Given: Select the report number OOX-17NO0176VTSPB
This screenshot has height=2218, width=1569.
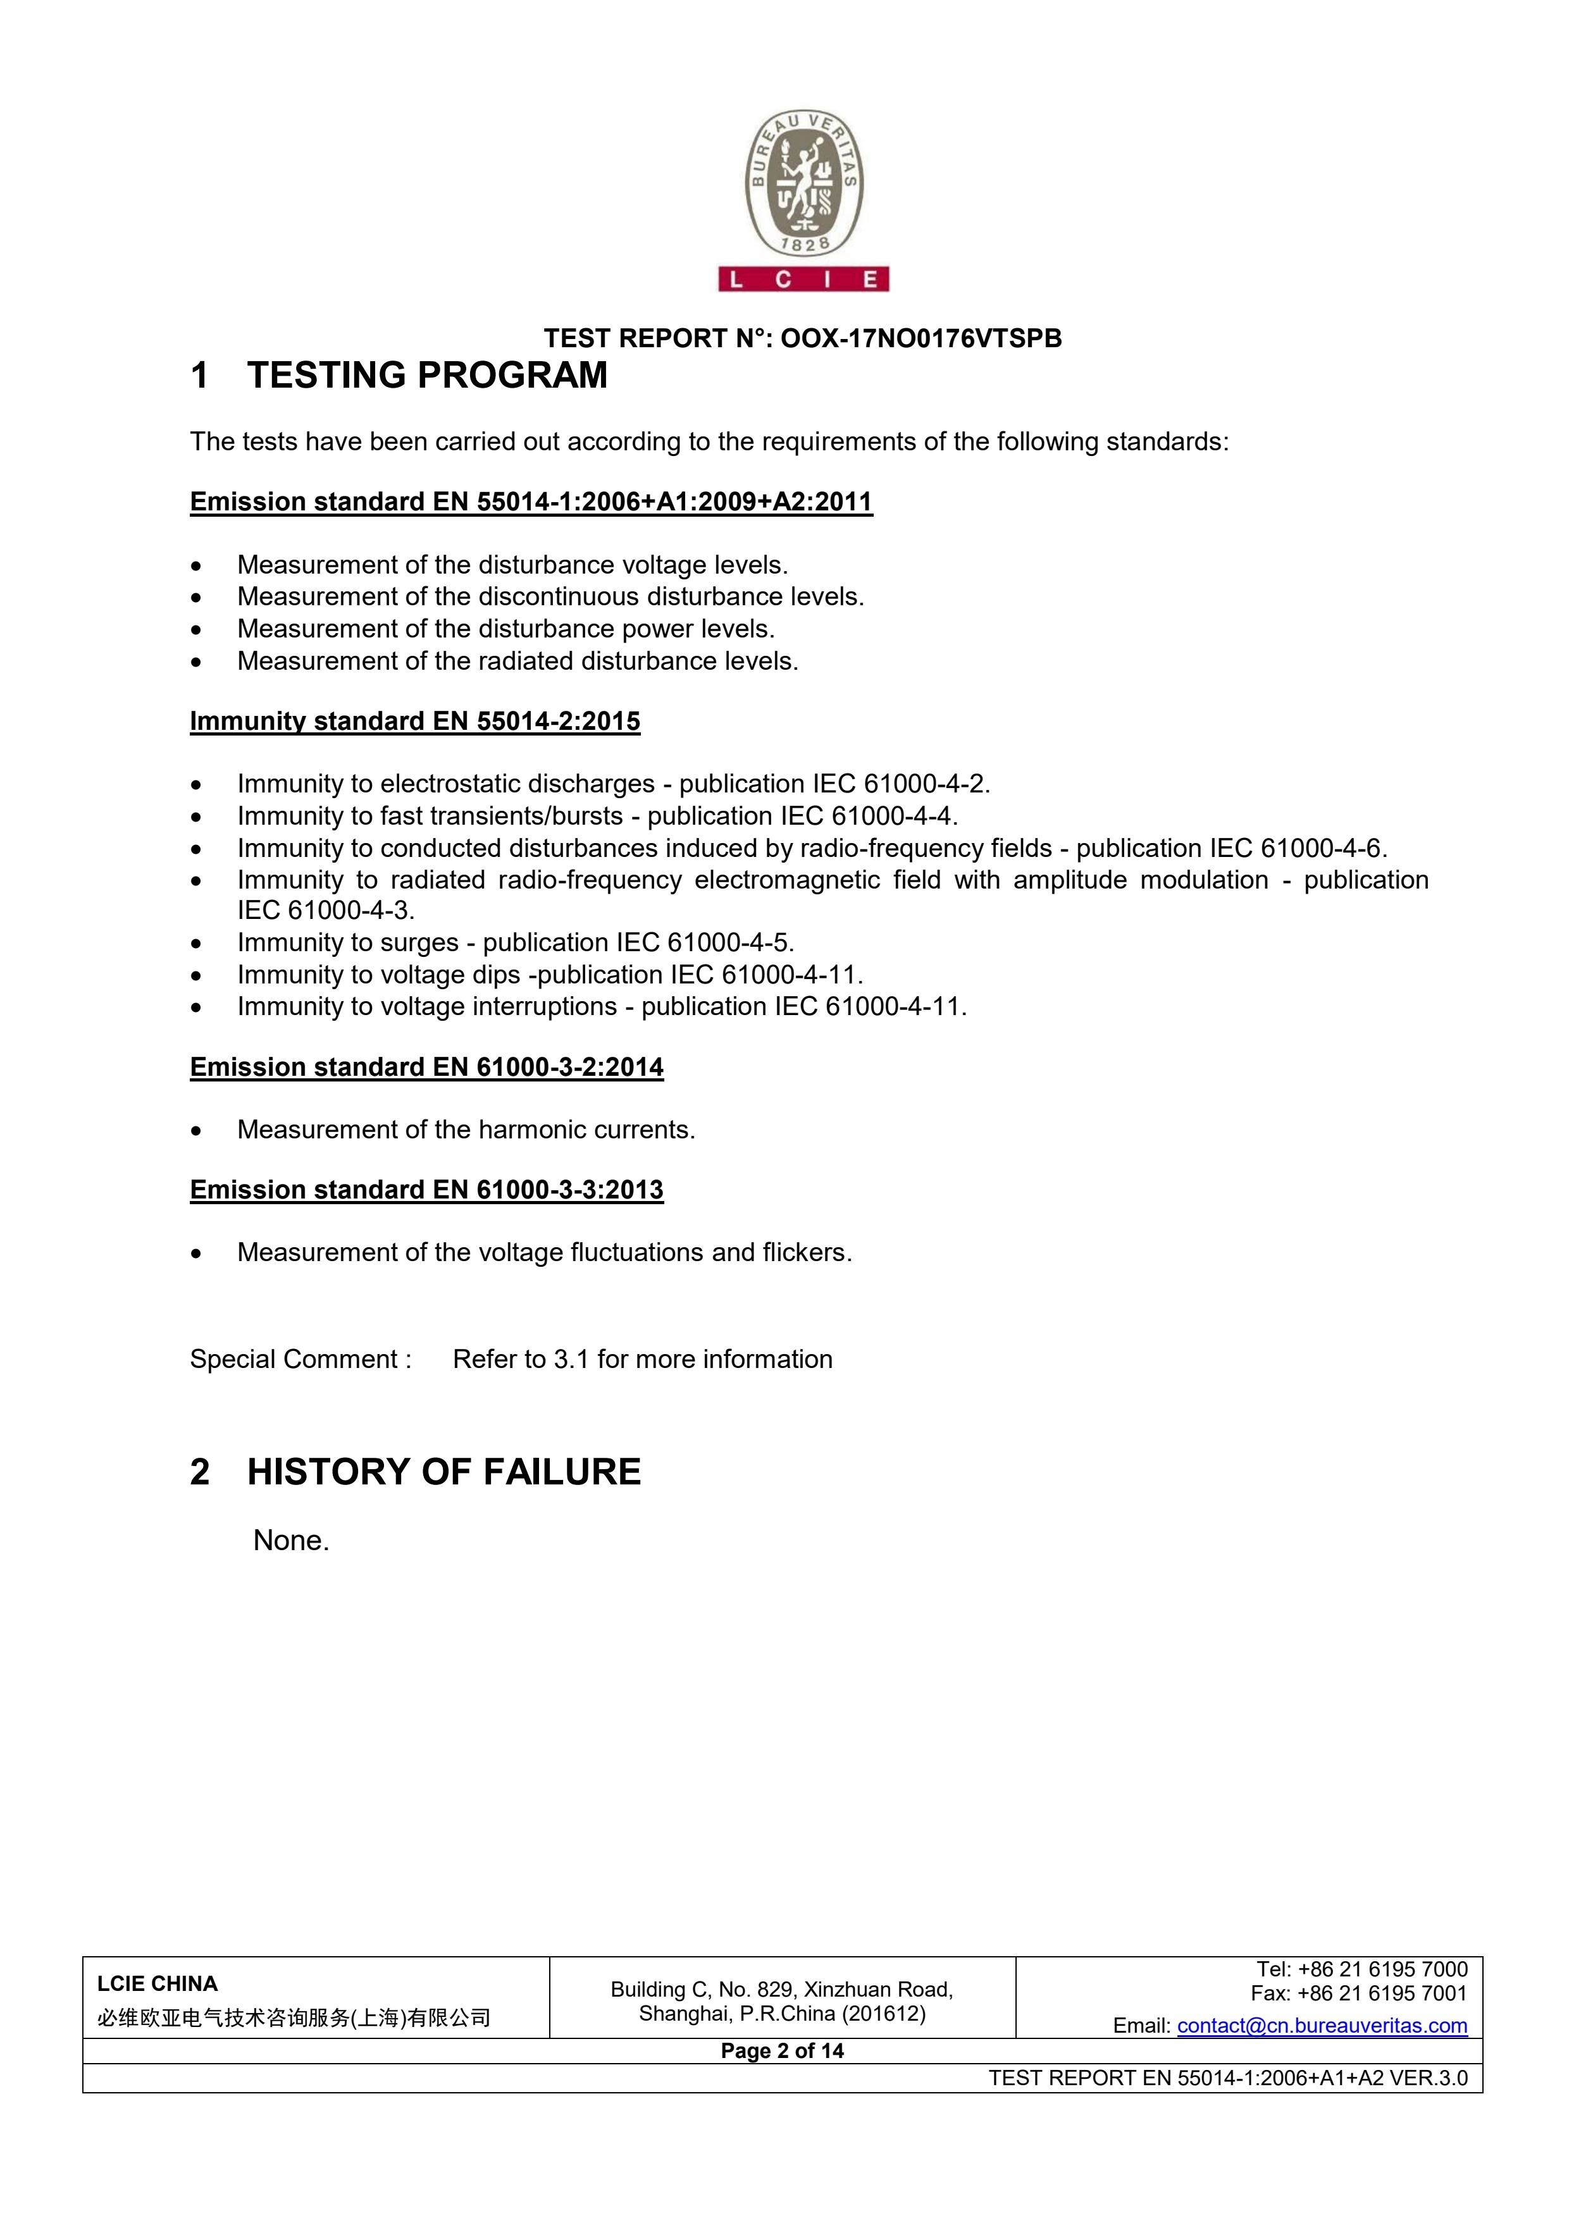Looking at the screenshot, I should tap(920, 338).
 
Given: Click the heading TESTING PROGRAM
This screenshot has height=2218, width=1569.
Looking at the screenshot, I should tap(427, 375).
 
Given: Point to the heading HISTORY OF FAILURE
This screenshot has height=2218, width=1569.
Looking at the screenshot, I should tap(443, 1471).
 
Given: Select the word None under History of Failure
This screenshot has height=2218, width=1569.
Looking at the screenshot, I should tap(289, 1540).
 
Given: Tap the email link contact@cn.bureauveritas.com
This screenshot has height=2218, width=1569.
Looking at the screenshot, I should tap(1322, 2026).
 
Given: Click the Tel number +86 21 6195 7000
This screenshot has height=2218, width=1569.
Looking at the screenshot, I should tap(1382, 1969).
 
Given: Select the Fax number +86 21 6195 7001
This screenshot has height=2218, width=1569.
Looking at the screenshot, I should tap(1382, 1993).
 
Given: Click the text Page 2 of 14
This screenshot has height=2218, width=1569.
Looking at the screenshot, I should tap(781, 2051).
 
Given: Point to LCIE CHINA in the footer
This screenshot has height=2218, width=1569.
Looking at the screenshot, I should tap(158, 1983).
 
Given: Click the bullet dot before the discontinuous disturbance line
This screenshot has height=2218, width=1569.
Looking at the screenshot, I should tap(197, 597).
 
